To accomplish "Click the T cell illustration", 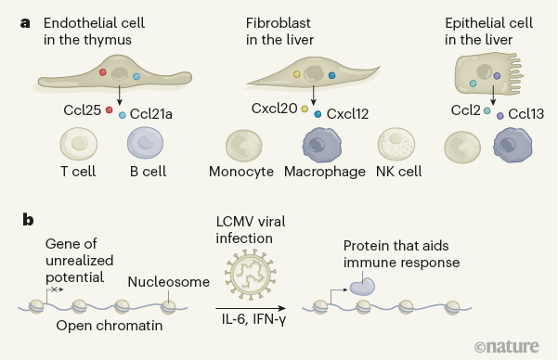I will tap(79, 147).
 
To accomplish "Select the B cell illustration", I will tap(146, 147).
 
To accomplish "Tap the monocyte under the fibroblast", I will tap(244, 147).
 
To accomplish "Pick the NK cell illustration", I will tap(396, 147).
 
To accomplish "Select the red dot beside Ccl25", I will tap(109, 110).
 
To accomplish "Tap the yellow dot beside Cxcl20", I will tap(305, 109).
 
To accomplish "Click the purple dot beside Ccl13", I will tap(500, 116).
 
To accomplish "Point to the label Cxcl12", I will tap(347, 114).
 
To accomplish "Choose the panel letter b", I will tap(27, 221).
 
